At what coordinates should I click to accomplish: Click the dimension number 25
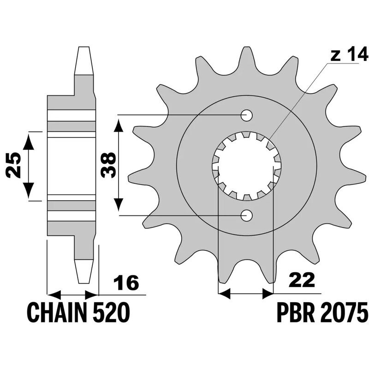[13, 165]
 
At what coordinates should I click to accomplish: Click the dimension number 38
[108, 165]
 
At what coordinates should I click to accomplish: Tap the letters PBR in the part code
[296, 313]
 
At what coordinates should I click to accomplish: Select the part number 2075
[344, 313]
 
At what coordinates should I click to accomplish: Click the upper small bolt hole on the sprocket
[247, 115]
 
